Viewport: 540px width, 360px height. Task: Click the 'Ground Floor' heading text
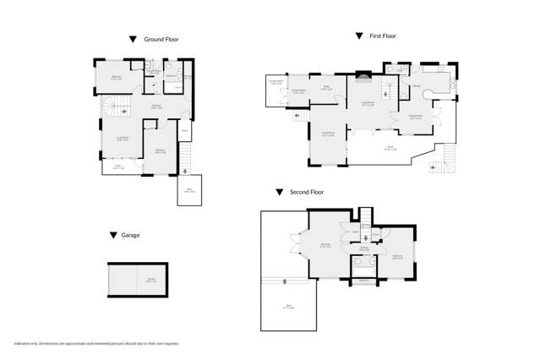coord(161,39)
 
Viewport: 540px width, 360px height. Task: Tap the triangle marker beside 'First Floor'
coord(358,35)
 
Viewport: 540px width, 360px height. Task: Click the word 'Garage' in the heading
coord(130,235)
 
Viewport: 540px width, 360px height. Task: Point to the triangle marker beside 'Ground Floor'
coord(133,39)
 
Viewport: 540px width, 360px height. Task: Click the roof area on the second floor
coord(288,306)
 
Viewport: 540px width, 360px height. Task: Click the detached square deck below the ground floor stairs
coord(189,191)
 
